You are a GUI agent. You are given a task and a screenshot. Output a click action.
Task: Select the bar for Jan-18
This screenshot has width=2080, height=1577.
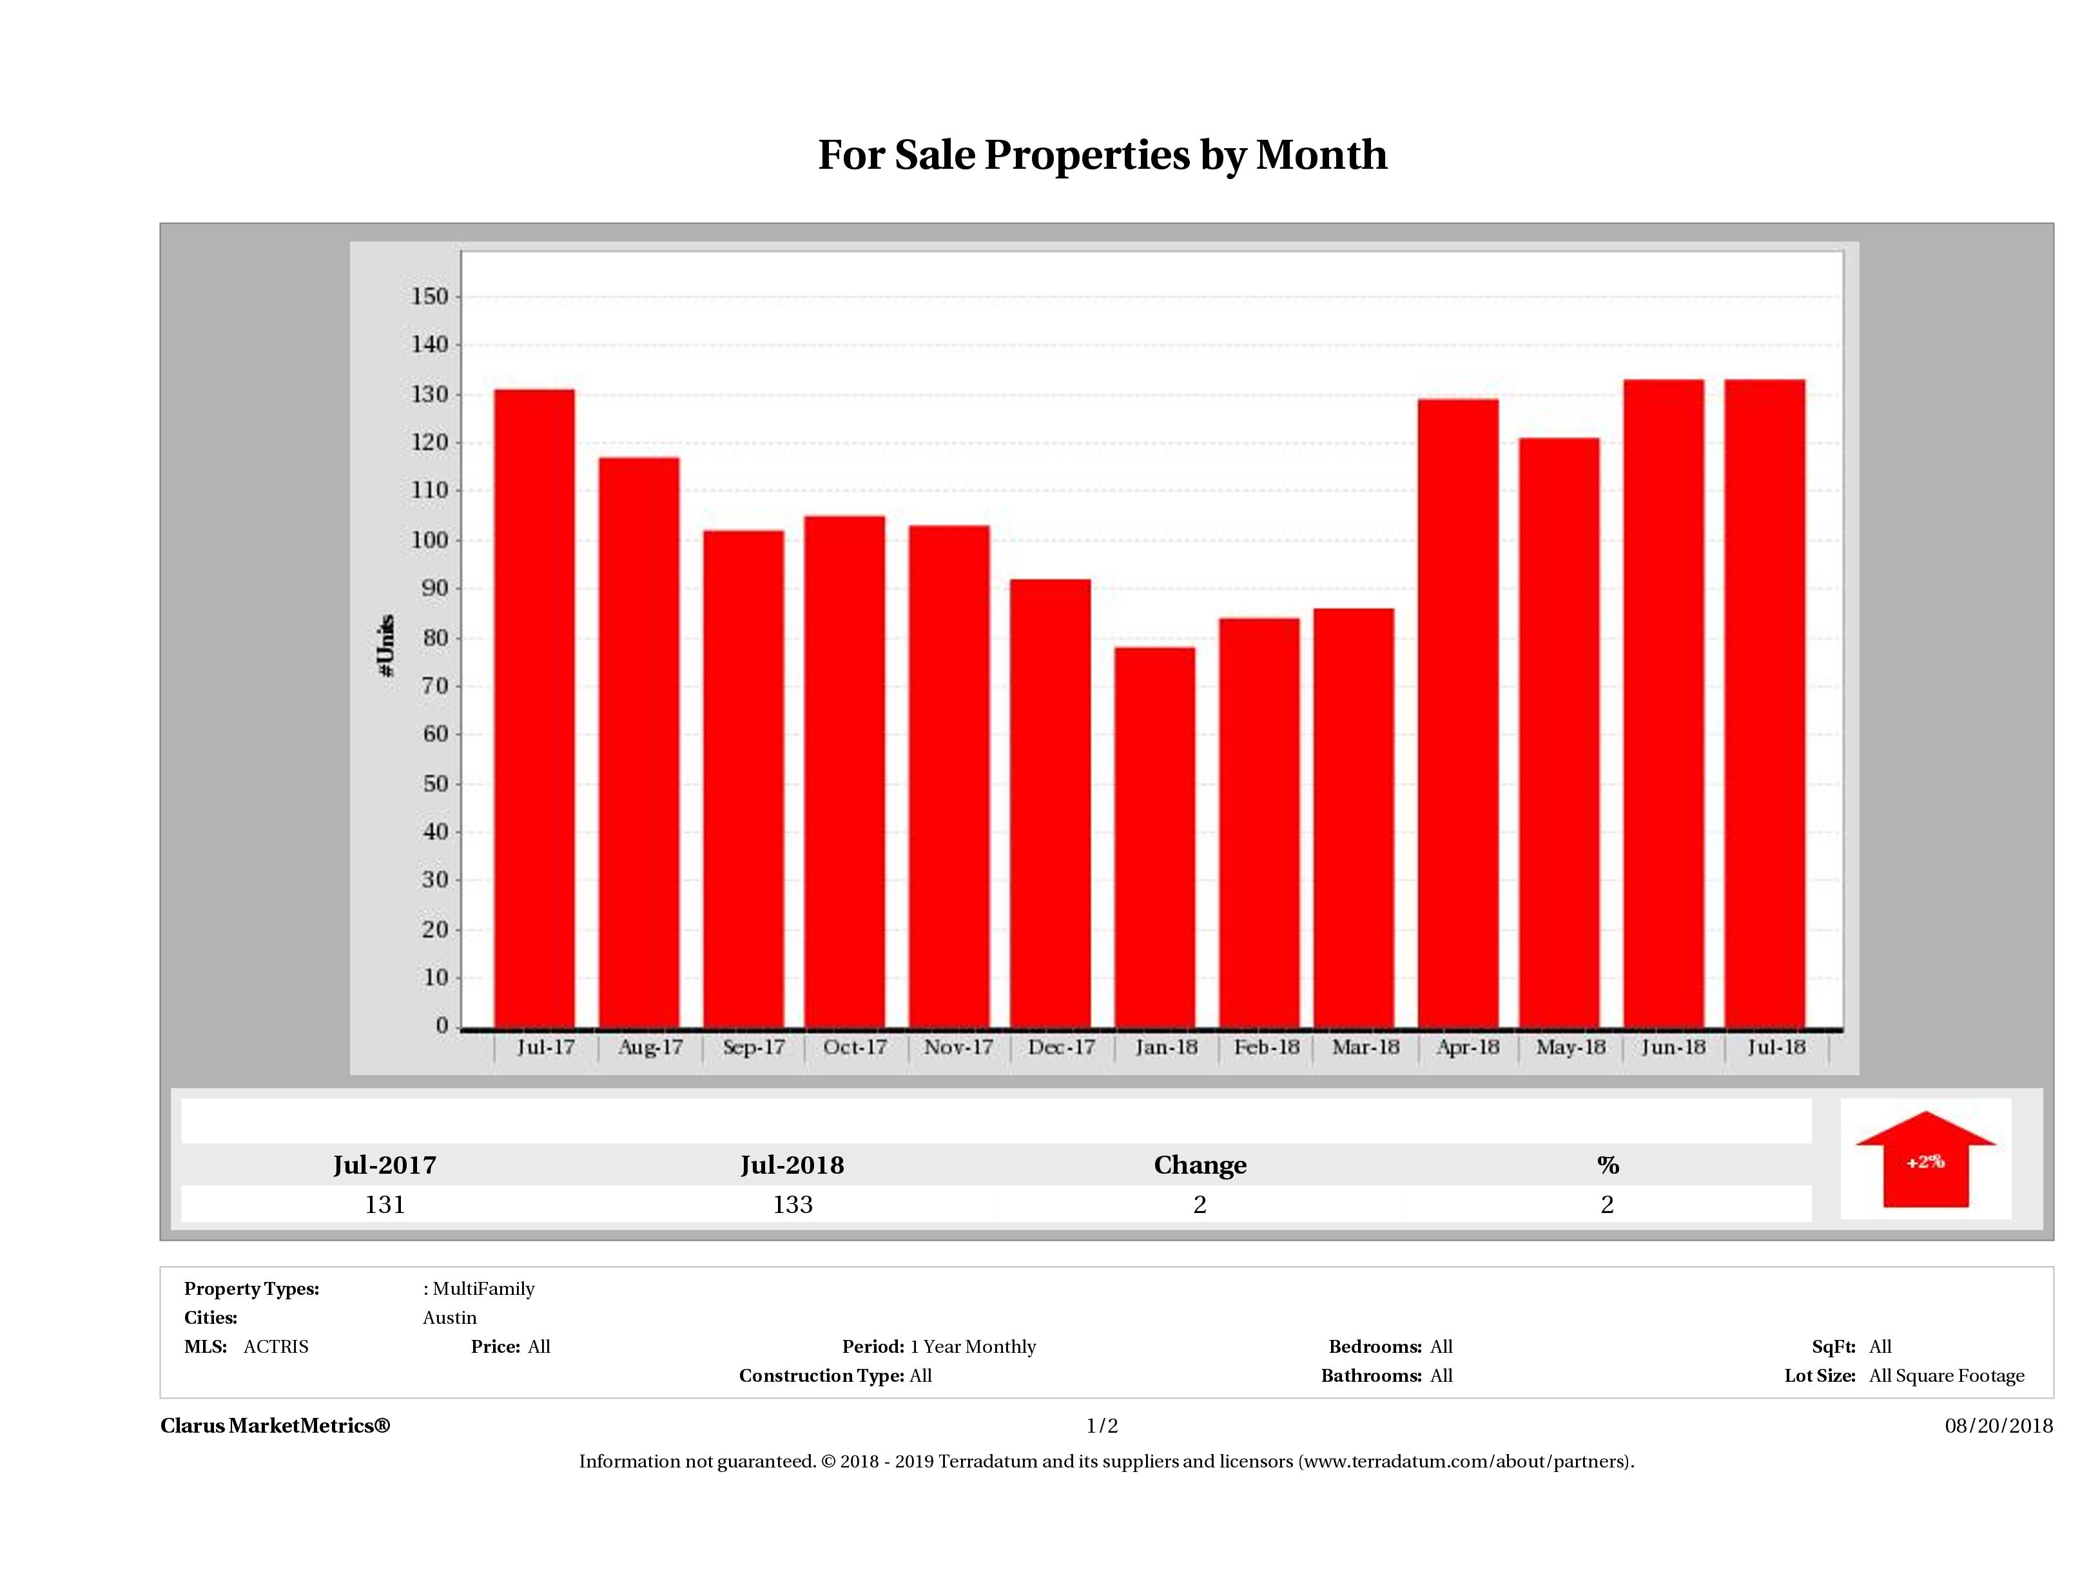click(x=1154, y=836)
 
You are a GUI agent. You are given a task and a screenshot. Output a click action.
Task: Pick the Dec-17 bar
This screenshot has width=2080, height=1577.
click(x=1051, y=803)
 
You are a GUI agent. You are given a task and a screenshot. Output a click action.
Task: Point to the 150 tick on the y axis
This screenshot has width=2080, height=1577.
click(x=430, y=297)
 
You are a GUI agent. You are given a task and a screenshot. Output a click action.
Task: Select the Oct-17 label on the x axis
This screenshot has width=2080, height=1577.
click(x=854, y=1047)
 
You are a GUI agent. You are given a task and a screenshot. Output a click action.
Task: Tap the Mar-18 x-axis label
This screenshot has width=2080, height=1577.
click(x=1365, y=1047)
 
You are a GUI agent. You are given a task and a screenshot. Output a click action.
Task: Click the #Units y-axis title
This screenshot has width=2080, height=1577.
click(x=387, y=645)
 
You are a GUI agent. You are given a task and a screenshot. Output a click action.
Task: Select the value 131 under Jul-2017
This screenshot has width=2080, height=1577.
click(x=385, y=1205)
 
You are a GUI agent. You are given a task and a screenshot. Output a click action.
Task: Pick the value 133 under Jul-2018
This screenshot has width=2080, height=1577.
click(x=793, y=1205)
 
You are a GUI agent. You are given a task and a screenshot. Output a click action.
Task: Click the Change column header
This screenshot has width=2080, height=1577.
click(x=1200, y=1165)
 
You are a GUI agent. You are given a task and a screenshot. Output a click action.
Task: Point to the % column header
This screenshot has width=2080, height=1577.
click(x=1607, y=1165)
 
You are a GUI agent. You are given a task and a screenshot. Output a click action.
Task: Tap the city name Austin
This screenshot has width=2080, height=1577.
click(x=449, y=1317)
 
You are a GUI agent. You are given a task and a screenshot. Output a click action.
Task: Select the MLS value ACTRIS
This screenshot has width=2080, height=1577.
click(x=275, y=1347)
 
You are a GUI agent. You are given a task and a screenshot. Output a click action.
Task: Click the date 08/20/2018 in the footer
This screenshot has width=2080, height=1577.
click(x=1998, y=1426)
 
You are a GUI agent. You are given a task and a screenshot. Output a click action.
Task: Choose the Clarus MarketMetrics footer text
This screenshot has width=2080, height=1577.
click(x=275, y=1426)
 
